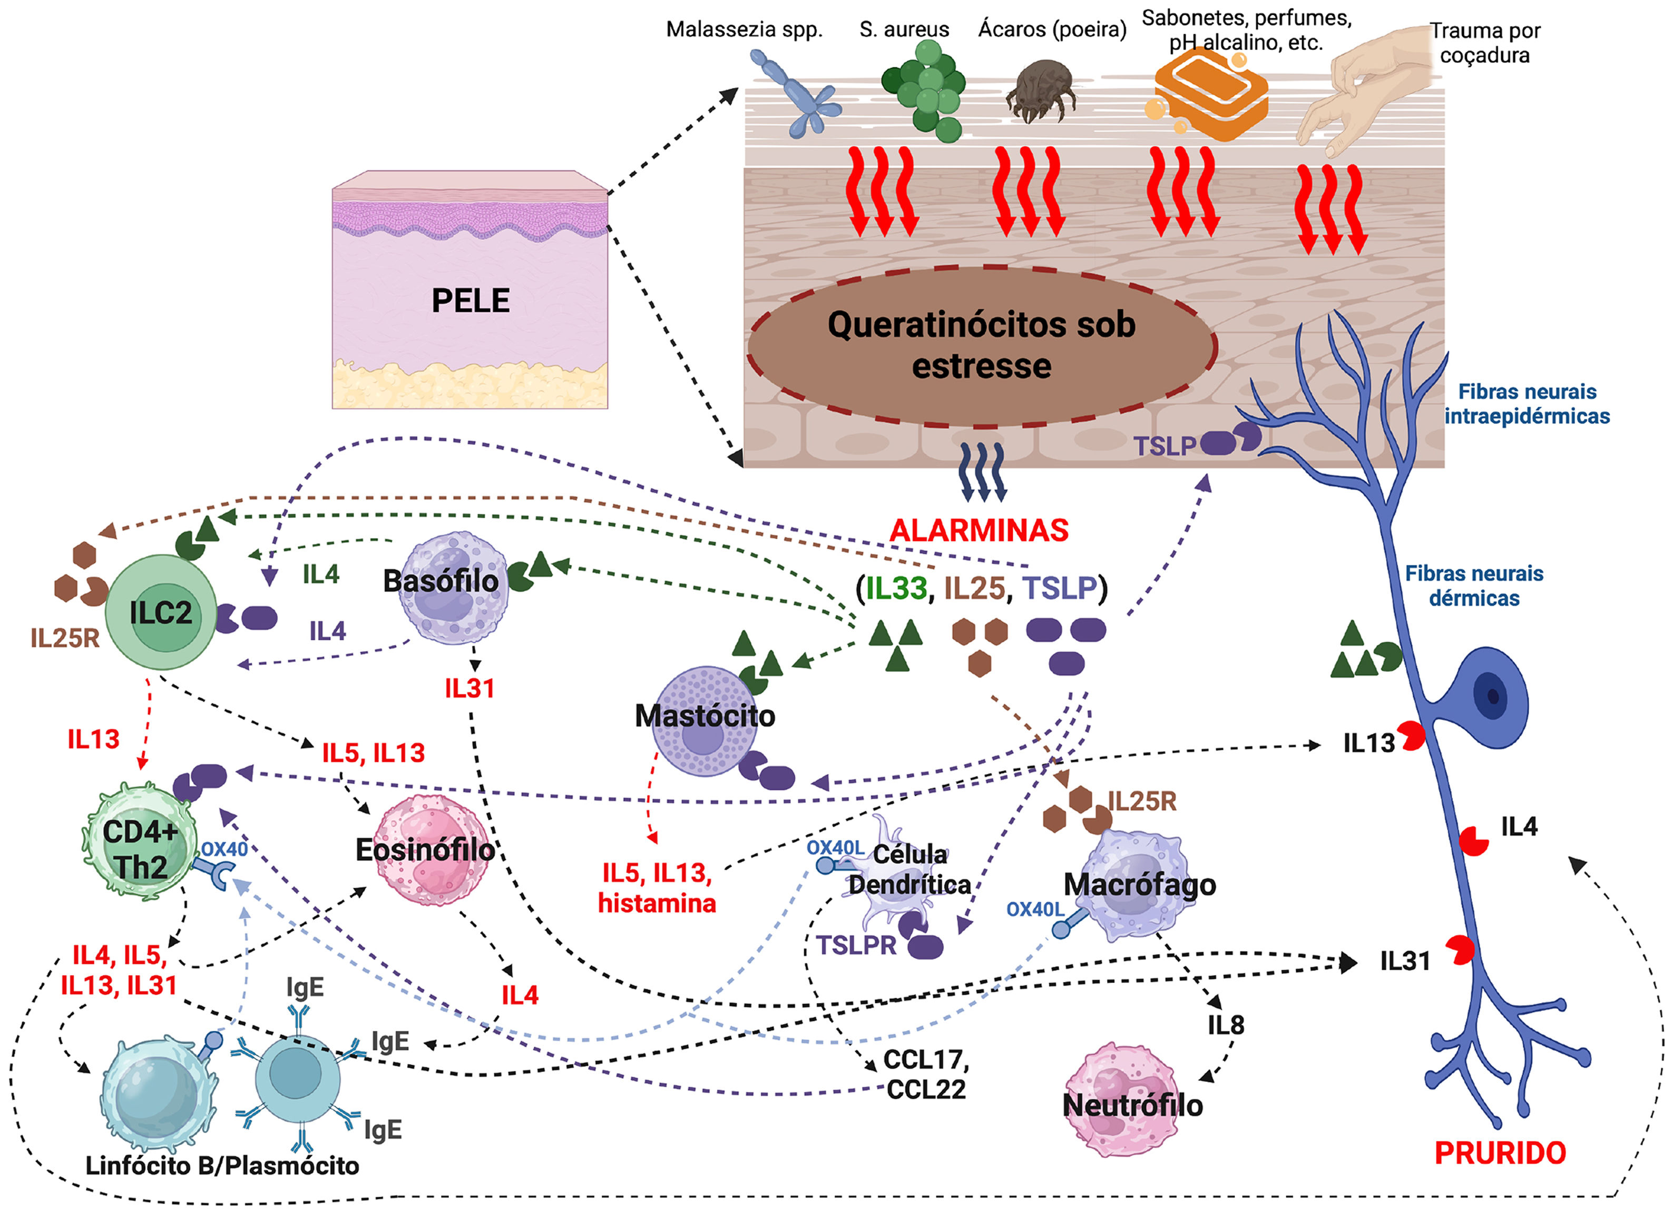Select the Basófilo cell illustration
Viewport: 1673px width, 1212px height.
pyautogui.click(x=452, y=588)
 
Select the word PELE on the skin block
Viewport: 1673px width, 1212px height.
pyautogui.click(x=470, y=301)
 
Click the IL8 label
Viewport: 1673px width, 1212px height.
pyautogui.click(x=1225, y=1025)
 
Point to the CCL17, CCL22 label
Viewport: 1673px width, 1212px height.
pyautogui.click(x=926, y=1074)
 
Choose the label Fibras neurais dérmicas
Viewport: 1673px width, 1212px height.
pyautogui.click(x=1474, y=585)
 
